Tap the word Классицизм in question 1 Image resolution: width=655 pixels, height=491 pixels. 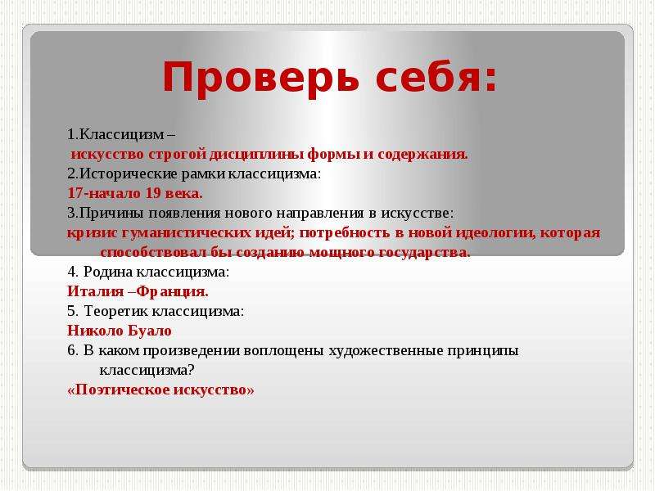[x=121, y=134]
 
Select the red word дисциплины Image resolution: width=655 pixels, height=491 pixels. [x=257, y=155]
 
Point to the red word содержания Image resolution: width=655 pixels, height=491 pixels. [x=422, y=155]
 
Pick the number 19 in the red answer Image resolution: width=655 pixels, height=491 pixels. [x=153, y=193]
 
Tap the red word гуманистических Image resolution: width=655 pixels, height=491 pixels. [x=206, y=232]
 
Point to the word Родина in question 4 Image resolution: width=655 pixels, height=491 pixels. [x=108, y=272]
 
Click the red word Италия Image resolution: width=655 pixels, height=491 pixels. [x=96, y=291]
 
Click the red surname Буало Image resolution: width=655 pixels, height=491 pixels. [x=149, y=331]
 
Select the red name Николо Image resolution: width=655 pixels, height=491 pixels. [x=95, y=331]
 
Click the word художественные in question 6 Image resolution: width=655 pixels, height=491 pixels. [x=386, y=351]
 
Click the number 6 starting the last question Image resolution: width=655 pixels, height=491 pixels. [x=71, y=351]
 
